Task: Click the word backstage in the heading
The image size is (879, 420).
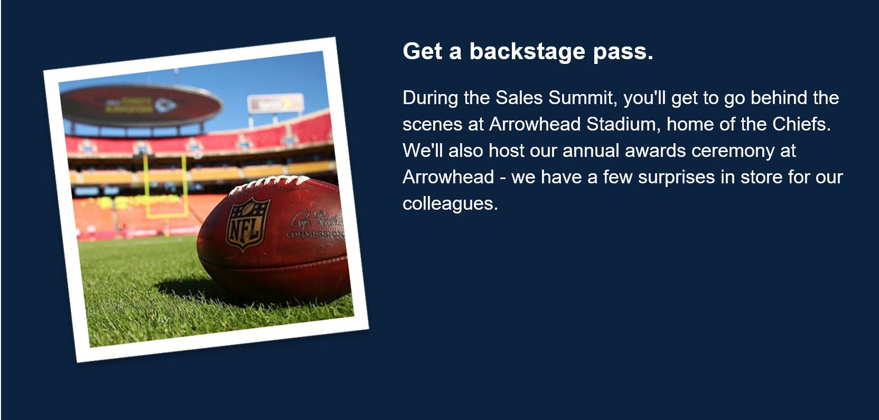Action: pos(527,52)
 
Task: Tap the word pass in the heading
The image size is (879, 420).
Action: pos(623,53)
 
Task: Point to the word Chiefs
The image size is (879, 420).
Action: pos(801,124)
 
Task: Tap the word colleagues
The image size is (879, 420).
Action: pos(450,204)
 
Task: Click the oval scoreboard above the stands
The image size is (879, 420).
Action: pos(141,105)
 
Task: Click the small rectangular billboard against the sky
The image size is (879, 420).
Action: pos(275,104)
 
